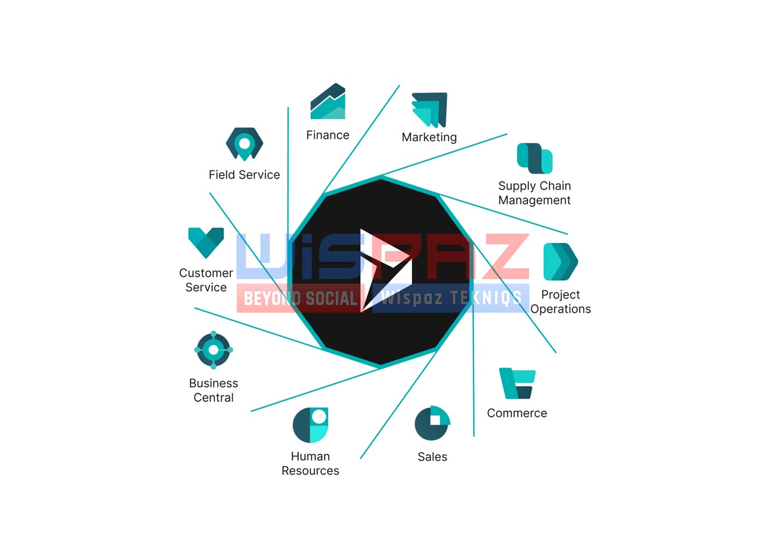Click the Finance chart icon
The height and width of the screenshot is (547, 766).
point(328,101)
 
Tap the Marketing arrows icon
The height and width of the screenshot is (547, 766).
point(430,110)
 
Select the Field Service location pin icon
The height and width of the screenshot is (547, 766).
point(245,144)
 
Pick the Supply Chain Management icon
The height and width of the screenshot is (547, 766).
point(535,158)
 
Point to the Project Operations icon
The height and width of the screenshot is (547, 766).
point(561,262)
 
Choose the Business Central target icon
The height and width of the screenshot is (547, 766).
point(214,350)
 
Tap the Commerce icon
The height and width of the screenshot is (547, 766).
point(517,383)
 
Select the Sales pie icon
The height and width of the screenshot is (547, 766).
point(432,423)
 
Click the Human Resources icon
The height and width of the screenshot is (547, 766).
point(311,425)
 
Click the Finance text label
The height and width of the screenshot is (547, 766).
point(328,135)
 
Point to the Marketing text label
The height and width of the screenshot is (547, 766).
point(429,137)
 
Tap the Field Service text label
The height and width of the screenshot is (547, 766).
point(244,174)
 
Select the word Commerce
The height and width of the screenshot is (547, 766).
point(517,413)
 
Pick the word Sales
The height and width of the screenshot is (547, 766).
point(432,457)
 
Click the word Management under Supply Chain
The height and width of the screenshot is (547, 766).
point(535,200)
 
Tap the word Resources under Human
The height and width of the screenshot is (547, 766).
point(311,471)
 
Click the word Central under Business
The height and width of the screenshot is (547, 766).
point(214,398)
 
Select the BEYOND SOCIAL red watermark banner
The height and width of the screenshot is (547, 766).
point(300,298)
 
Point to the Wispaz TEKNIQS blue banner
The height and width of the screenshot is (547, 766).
point(451,298)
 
